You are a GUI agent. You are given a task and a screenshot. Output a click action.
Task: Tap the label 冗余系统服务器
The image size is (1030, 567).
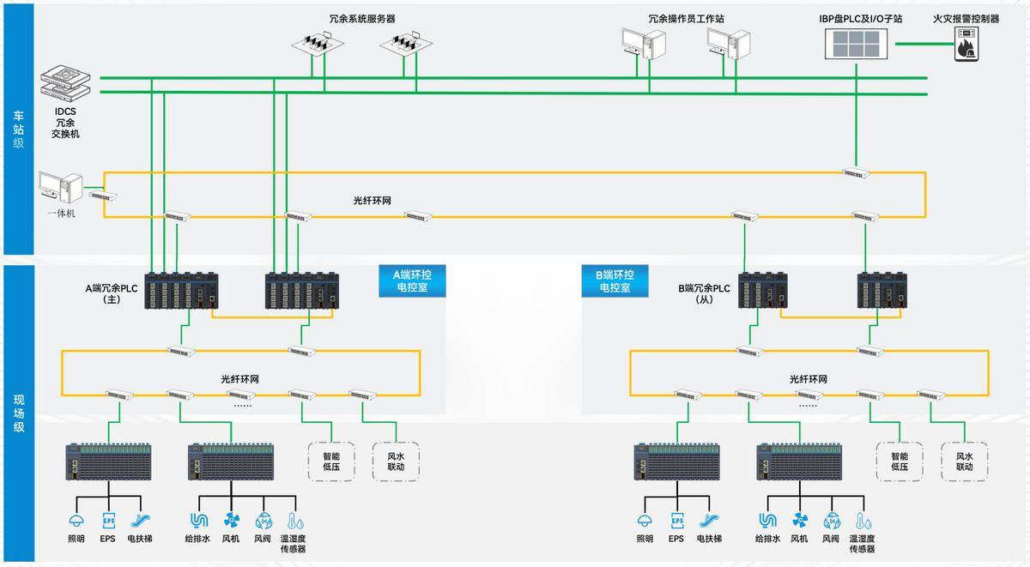click(x=362, y=18)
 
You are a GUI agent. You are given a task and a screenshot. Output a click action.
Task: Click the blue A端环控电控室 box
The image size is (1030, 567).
click(x=409, y=281)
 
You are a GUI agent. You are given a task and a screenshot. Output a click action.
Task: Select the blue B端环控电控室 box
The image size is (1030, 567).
click(x=615, y=281)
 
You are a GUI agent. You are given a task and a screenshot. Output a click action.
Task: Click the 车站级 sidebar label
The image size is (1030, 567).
click(x=18, y=129)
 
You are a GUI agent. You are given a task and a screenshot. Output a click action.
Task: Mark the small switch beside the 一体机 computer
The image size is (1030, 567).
click(x=104, y=196)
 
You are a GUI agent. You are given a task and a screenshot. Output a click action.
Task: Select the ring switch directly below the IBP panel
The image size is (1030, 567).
click(x=856, y=173)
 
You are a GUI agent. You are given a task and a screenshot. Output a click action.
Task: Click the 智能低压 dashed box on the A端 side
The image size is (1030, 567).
click(x=331, y=461)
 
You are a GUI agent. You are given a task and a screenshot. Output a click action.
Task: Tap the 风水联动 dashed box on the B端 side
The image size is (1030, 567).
click(x=965, y=461)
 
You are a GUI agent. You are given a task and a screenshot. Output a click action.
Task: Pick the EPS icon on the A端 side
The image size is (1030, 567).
click(x=108, y=520)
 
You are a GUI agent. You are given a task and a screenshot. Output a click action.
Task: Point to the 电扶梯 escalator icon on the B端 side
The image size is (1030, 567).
click(x=708, y=520)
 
